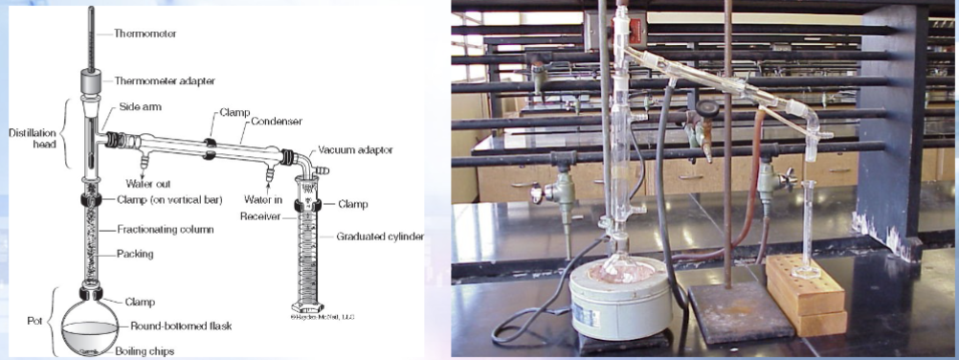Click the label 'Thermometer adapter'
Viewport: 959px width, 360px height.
(x=165, y=80)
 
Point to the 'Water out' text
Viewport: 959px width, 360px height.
(x=147, y=183)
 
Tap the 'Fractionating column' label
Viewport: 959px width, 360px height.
(x=166, y=229)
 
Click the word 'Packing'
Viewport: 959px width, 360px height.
(x=135, y=254)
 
